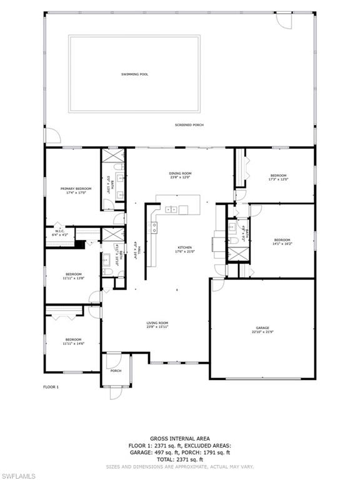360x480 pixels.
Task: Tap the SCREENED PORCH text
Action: click(189, 125)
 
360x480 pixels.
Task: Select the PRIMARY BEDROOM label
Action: click(76, 189)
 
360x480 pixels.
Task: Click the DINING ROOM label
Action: click(179, 173)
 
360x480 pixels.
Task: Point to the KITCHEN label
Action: click(184, 247)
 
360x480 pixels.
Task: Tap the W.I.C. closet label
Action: click(59, 232)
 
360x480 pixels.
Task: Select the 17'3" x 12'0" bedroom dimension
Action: click(278, 179)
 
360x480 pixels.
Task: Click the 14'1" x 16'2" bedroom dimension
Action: click(282, 244)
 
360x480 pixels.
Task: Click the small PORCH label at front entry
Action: click(116, 371)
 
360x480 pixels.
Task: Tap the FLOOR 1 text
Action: click(51, 387)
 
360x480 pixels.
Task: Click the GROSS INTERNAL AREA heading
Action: click(180, 438)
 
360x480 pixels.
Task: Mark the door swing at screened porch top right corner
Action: click(284, 20)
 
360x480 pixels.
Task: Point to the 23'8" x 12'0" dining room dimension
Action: click(179, 177)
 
